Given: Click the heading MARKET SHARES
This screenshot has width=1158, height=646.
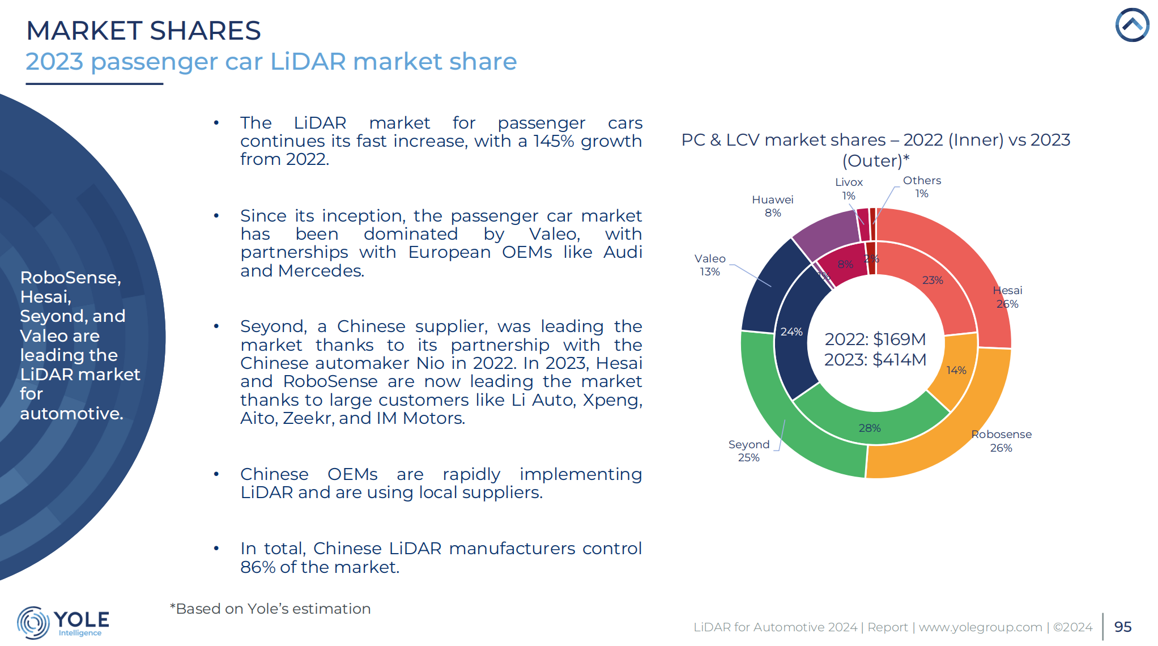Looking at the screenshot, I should point(143,31).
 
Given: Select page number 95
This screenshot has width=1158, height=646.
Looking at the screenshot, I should point(1122,627).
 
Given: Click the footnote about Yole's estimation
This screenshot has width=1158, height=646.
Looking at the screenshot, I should point(270,609).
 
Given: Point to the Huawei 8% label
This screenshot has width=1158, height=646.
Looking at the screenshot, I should point(772,206).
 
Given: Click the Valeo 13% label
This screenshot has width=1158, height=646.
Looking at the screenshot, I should point(710,265).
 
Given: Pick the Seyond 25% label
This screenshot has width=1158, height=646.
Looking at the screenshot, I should point(748,451).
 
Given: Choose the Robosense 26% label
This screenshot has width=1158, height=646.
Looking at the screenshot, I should point(1001,441).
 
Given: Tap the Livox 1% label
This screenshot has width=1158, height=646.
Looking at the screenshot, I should point(849,189).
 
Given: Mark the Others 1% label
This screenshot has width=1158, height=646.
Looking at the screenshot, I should point(922,187).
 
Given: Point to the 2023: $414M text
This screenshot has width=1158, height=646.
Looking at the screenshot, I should point(875,360).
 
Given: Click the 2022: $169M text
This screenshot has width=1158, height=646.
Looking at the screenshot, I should point(875,339).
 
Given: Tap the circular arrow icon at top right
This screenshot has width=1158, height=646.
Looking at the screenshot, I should point(1132,25).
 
